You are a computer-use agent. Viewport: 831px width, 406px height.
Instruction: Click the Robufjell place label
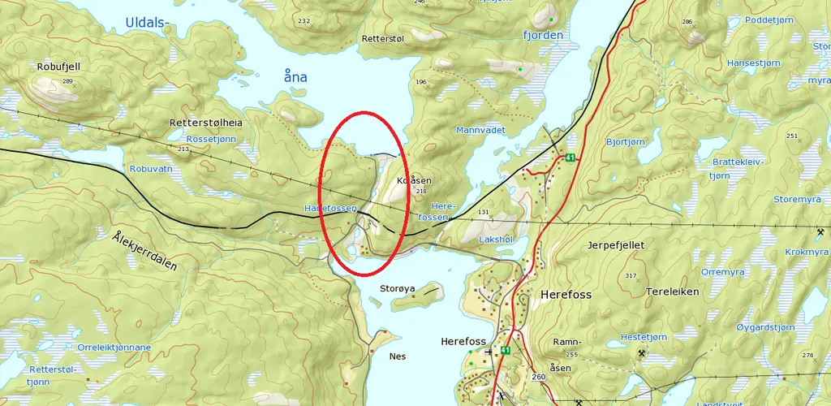coord(59,67)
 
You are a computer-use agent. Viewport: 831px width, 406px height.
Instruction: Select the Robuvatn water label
coord(151,169)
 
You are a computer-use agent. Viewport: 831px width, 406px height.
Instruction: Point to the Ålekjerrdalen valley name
coord(145,251)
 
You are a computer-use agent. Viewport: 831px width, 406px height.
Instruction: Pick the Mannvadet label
coord(480,130)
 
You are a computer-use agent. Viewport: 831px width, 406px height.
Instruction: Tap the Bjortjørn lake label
coord(626,141)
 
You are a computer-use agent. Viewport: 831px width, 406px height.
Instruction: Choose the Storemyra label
coord(798,198)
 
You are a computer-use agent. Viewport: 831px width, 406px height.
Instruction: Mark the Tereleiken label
coord(673,292)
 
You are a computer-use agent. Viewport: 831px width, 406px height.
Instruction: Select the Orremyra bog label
coord(722,272)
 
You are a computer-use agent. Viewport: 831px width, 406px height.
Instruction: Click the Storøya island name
coord(397,287)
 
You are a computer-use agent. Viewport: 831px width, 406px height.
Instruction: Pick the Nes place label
coord(398,356)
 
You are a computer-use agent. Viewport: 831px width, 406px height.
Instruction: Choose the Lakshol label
coord(497,240)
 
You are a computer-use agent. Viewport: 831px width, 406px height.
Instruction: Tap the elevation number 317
coord(631,276)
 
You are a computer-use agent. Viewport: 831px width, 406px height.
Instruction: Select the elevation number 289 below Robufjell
coord(67,81)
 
